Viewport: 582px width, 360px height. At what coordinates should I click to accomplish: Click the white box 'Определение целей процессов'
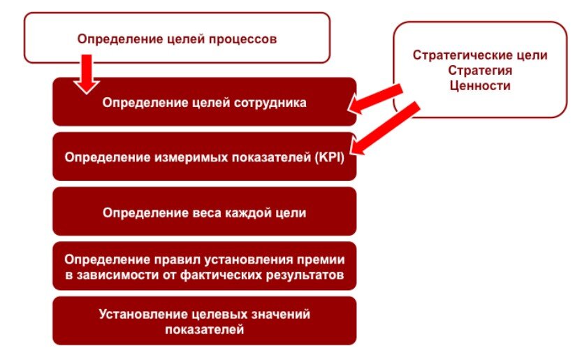(x=177, y=39)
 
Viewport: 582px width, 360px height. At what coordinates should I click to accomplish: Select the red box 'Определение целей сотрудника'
(x=204, y=102)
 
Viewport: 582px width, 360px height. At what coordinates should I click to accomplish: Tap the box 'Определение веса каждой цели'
(x=204, y=211)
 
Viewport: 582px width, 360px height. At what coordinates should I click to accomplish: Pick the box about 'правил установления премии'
(x=204, y=266)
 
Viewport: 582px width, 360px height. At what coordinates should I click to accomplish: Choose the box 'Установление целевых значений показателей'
(x=204, y=321)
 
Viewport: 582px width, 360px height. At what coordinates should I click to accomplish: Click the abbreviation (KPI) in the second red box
(x=328, y=157)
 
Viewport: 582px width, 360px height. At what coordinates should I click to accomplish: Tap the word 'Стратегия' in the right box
(x=480, y=71)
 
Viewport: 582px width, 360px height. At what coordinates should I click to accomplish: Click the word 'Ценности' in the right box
(x=480, y=86)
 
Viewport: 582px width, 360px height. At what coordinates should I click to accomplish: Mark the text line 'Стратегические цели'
(x=480, y=55)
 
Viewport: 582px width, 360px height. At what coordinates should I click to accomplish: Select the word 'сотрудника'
(x=271, y=102)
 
